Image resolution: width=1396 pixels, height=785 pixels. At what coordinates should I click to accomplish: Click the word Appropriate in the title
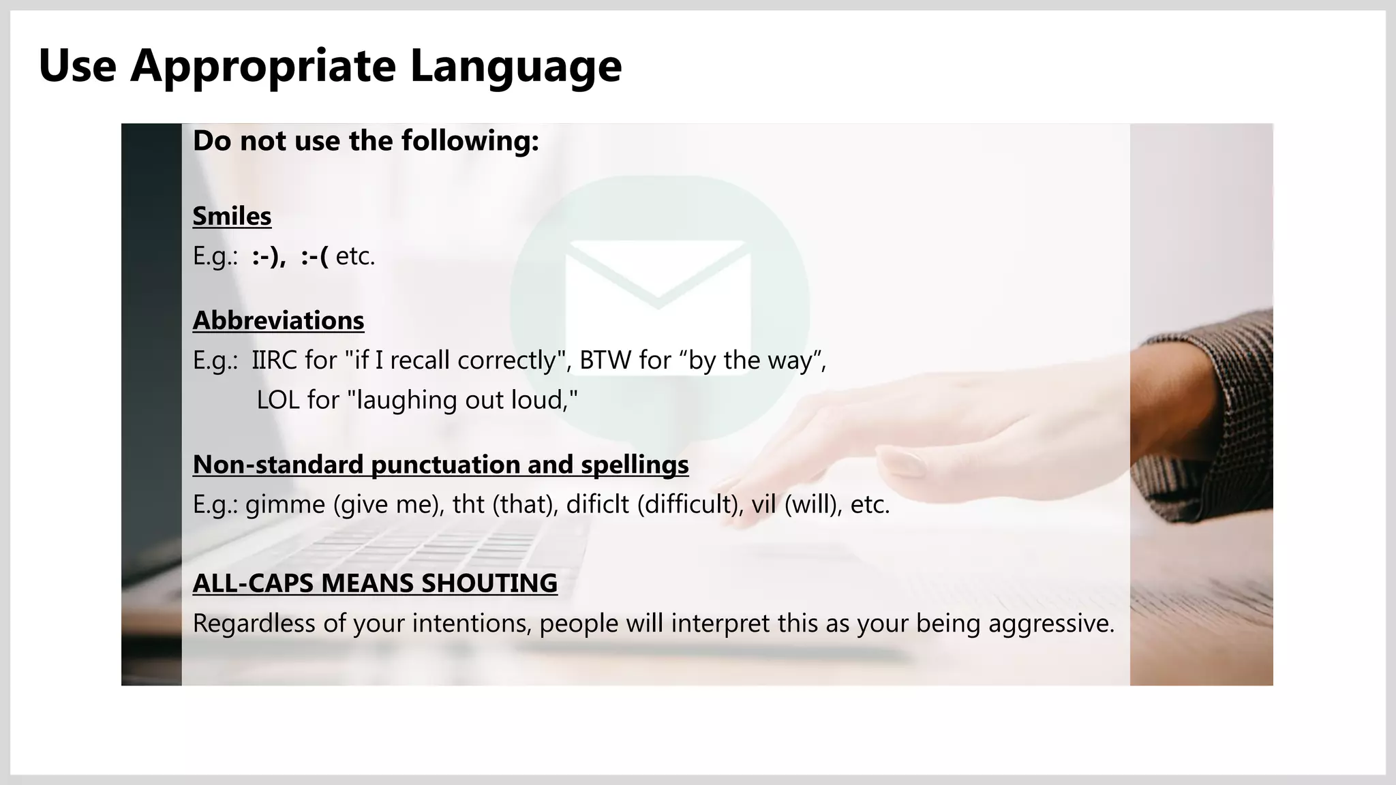point(263,66)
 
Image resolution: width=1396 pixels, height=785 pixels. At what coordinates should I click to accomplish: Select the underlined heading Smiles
point(232,216)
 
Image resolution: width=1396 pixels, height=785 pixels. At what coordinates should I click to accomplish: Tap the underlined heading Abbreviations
point(278,320)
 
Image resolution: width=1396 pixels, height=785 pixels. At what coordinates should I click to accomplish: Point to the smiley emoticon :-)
point(267,257)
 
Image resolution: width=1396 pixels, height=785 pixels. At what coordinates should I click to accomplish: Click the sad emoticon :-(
point(314,257)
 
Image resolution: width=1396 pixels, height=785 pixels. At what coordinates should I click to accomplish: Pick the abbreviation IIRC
point(274,360)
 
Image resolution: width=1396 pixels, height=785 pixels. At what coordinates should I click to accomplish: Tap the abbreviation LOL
point(278,400)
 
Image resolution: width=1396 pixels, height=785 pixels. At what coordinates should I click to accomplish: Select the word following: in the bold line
point(470,141)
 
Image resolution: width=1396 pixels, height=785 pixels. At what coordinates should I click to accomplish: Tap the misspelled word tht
point(468,505)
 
